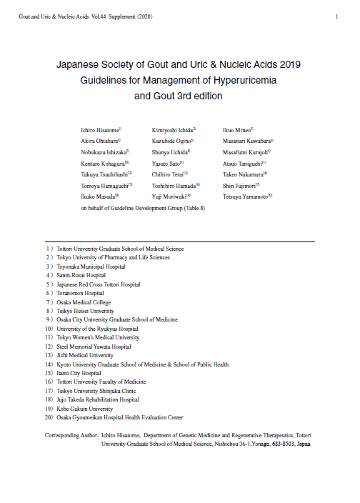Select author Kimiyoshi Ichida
click(x=173, y=131)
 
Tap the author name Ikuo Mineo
click(x=238, y=131)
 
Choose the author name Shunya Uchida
click(x=170, y=152)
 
